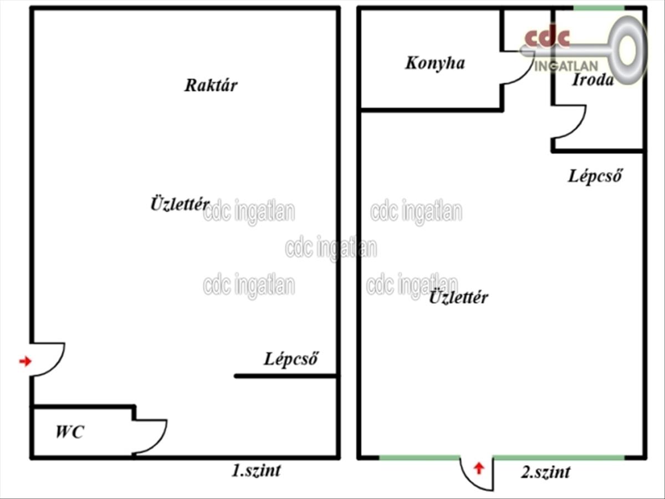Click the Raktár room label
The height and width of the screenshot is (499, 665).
click(x=211, y=85)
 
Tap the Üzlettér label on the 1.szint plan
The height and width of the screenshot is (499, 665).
click(x=180, y=203)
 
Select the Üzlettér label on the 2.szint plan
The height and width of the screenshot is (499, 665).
click(x=459, y=298)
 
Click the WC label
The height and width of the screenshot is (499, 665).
click(x=70, y=432)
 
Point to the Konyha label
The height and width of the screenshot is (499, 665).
click(x=435, y=63)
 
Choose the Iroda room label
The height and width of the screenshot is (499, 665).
click(x=593, y=80)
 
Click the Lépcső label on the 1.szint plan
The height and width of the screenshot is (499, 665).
click(x=291, y=359)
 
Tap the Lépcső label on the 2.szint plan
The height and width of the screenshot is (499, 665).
click(x=595, y=176)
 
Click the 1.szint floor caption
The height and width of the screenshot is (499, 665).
click(x=255, y=471)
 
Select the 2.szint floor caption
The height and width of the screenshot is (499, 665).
click(x=545, y=472)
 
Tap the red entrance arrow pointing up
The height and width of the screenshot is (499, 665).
click(x=479, y=469)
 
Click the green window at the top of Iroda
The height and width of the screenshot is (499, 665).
click(x=598, y=8)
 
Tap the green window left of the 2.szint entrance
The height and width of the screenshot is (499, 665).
click(x=420, y=457)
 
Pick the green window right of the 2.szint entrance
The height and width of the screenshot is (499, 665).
click(x=559, y=457)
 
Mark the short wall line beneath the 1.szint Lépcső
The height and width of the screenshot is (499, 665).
click(x=286, y=376)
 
